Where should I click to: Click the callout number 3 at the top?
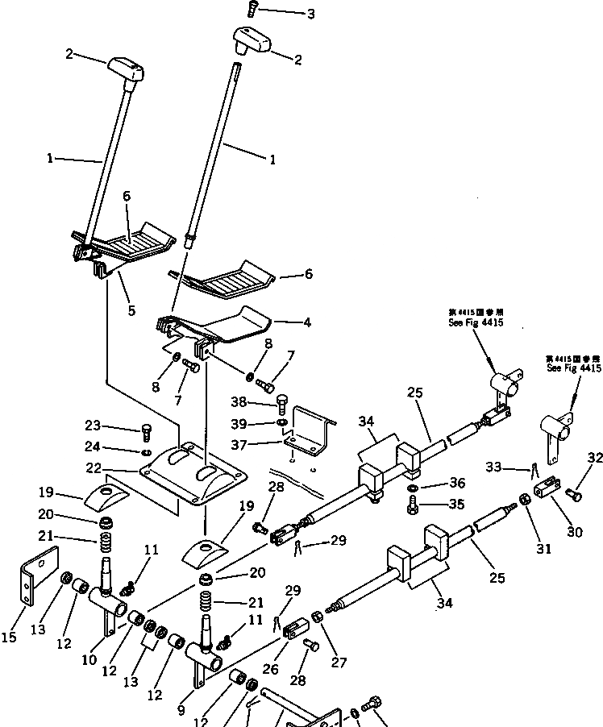coord(288,14)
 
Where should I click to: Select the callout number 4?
coord(307,324)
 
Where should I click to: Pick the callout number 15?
coord(8,638)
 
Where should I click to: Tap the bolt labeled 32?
coord(572,492)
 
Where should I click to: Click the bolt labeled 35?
coord(412,505)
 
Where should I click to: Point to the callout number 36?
coord(457,484)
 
